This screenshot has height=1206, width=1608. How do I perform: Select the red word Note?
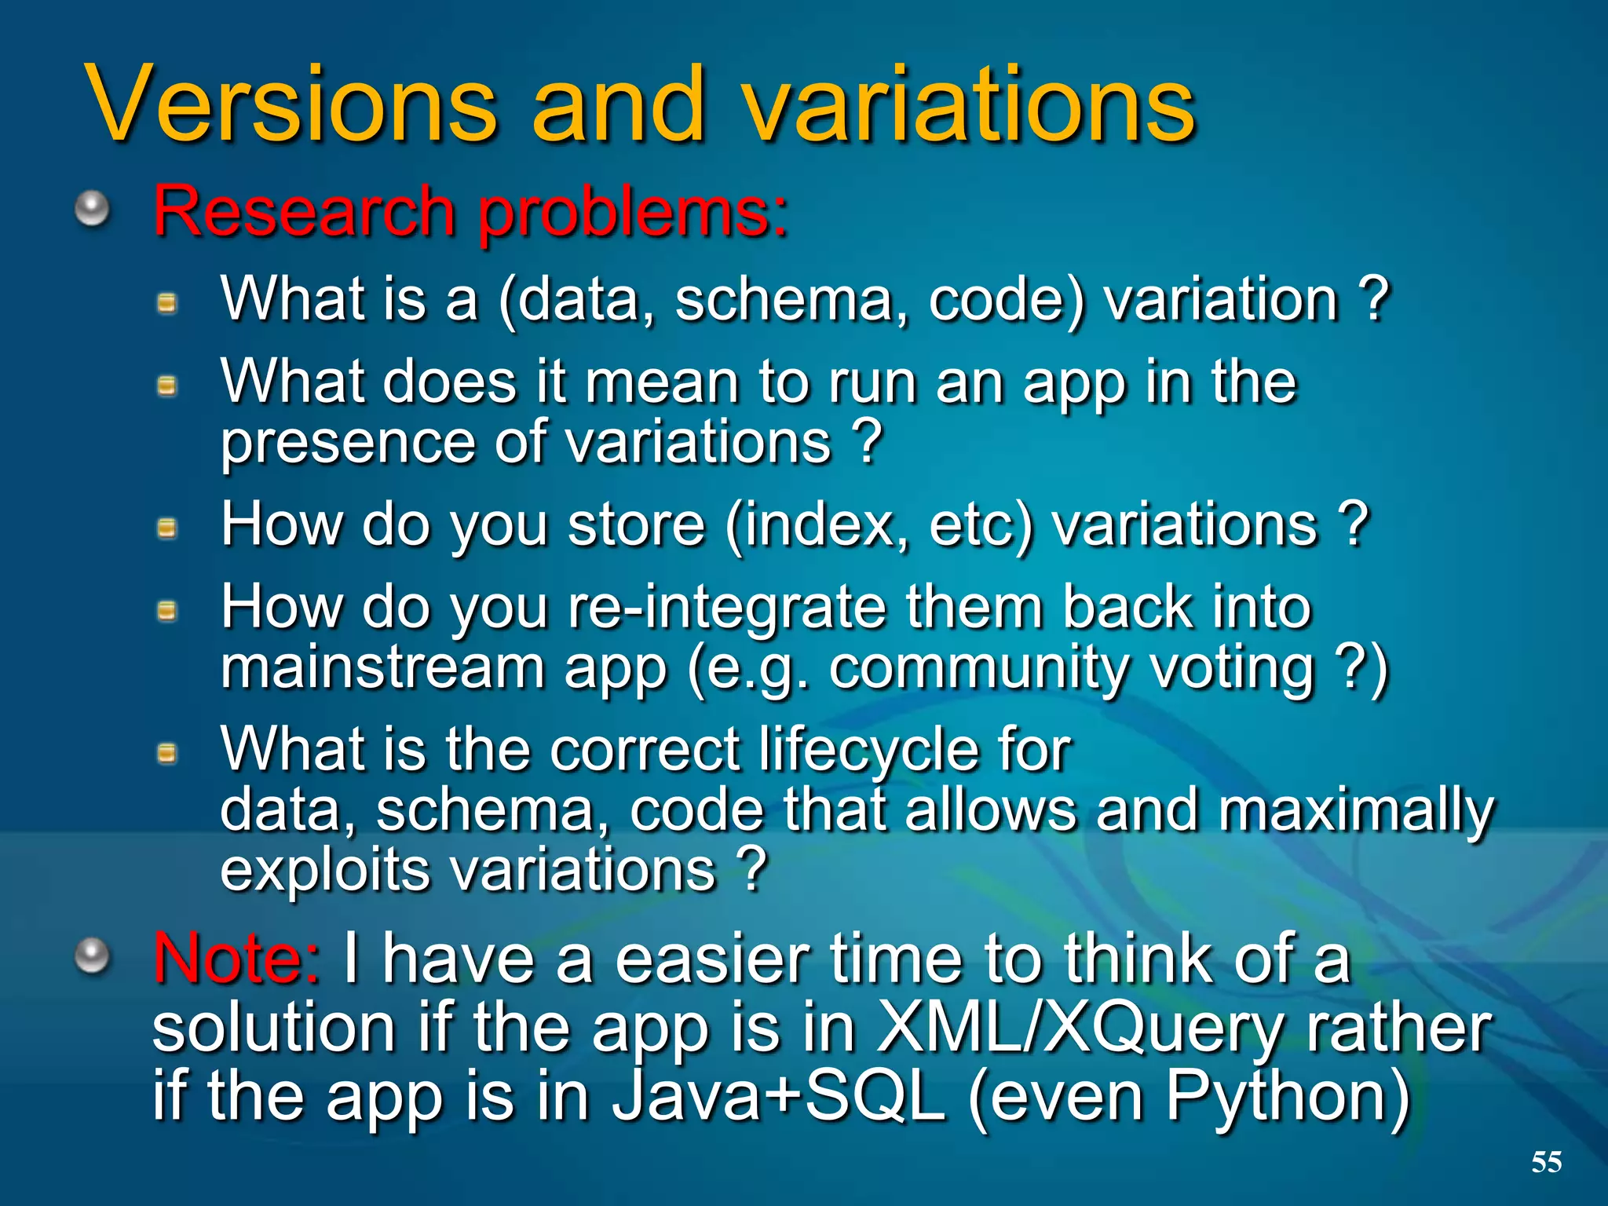point(236,959)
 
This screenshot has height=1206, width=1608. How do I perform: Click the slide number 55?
point(1546,1162)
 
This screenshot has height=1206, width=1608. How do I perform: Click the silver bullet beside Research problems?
point(93,210)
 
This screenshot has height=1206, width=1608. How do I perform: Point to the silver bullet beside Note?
point(93,956)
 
